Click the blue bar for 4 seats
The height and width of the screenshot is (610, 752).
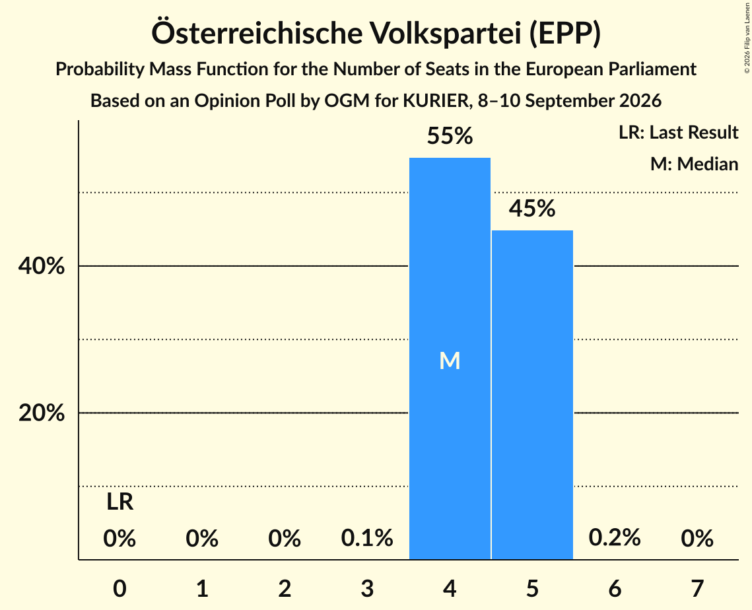[x=450, y=358]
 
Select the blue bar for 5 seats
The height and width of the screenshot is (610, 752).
[x=532, y=395]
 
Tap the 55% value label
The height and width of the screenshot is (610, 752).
[x=450, y=136]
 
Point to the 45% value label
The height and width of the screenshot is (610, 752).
[x=532, y=209]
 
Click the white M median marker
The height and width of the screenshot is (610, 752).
[x=450, y=360]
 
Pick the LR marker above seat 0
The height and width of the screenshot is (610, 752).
[x=120, y=502]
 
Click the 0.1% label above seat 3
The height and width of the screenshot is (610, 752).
[x=367, y=538]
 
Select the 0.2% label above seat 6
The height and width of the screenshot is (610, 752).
[x=615, y=538]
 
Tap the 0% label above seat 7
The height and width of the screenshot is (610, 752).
[x=697, y=538]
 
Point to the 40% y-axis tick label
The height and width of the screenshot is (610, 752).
[x=42, y=266]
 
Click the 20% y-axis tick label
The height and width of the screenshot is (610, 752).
[x=42, y=413]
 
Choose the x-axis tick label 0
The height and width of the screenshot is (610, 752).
[x=120, y=588]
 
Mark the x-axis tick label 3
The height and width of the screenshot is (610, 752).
[x=367, y=588]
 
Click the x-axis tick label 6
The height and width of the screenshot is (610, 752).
[x=615, y=588]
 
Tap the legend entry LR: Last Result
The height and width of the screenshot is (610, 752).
[x=679, y=132]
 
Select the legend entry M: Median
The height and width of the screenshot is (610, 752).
[x=695, y=164]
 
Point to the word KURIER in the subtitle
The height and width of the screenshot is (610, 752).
[x=435, y=101]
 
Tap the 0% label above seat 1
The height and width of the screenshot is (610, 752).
[x=203, y=538]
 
